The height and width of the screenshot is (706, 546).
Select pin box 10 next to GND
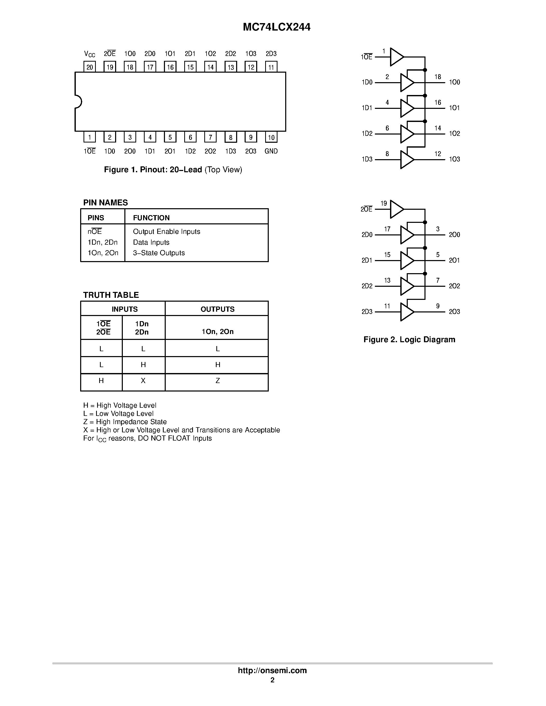pyautogui.click(x=271, y=137)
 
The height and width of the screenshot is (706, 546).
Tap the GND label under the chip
pyautogui.click(x=271, y=151)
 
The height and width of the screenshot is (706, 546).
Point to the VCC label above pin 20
pyautogui.click(x=90, y=54)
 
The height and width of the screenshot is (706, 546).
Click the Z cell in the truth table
pyautogui.click(x=218, y=381)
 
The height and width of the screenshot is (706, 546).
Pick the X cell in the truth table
pyautogui.click(x=143, y=381)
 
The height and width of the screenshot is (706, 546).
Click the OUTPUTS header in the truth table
pyautogui.click(x=217, y=309)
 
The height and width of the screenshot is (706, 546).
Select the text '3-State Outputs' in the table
pyautogui.click(x=159, y=253)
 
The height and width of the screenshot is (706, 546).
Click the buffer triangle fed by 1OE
pyautogui.click(x=396, y=57)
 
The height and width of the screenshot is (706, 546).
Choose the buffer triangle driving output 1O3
pyautogui.click(x=406, y=159)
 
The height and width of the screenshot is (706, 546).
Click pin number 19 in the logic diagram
pyautogui.click(x=384, y=203)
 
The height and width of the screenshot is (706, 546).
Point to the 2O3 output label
pyautogui.click(x=454, y=312)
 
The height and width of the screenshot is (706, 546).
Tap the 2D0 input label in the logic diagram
pyautogui.click(x=367, y=235)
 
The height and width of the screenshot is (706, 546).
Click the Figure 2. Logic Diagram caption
pyautogui.click(x=409, y=339)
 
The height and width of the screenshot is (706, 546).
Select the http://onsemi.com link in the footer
pyautogui.click(x=272, y=670)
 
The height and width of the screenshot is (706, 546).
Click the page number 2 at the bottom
pyautogui.click(x=272, y=680)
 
